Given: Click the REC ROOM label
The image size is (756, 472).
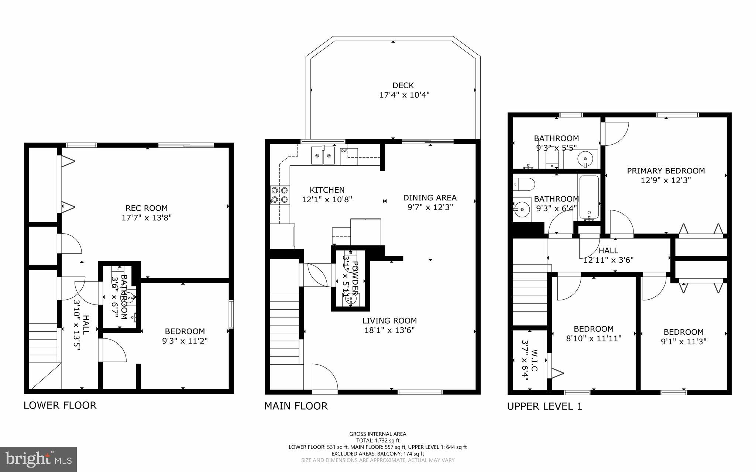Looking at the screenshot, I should click(147, 208).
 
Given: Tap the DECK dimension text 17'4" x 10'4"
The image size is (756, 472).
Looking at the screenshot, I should click(404, 95).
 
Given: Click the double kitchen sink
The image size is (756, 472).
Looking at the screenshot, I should click(323, 155).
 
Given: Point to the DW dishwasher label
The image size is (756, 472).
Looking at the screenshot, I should click(344, 151).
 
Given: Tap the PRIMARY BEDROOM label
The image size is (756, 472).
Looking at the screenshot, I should click(666, 171).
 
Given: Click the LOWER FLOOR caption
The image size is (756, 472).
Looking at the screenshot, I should click(60, 405).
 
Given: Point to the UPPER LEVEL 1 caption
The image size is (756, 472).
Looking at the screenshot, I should click(544, 406).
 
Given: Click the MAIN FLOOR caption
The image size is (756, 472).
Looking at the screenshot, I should click(296, 406).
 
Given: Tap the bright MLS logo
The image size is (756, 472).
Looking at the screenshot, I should click(38, 459).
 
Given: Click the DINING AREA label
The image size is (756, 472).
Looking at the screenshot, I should click(430, 198).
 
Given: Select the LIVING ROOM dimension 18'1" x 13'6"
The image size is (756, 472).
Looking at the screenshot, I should click(389, 330).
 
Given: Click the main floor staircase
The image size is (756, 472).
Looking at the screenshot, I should click(284, 328).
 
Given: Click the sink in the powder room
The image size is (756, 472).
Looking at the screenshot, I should click(349, 300).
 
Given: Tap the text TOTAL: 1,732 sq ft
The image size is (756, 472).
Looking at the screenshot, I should click(378, 440).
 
